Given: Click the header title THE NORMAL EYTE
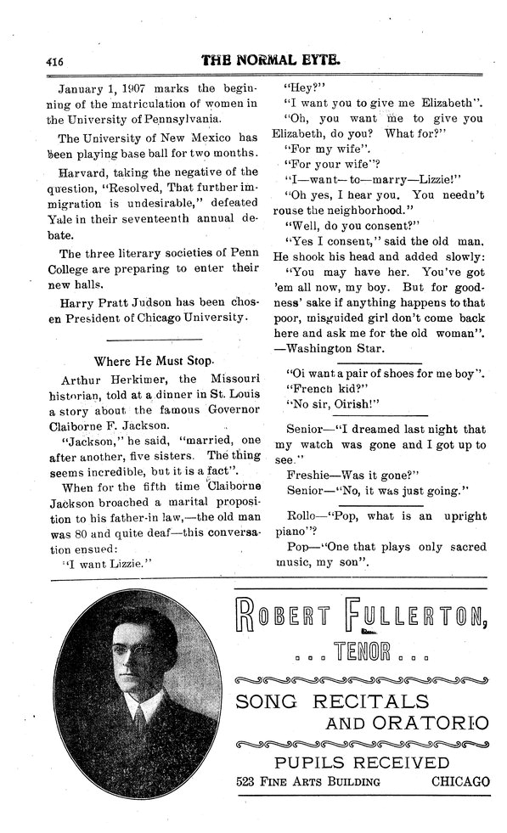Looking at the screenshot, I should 271,61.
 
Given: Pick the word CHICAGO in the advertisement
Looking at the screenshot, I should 460,781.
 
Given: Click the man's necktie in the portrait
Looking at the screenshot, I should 138,723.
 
